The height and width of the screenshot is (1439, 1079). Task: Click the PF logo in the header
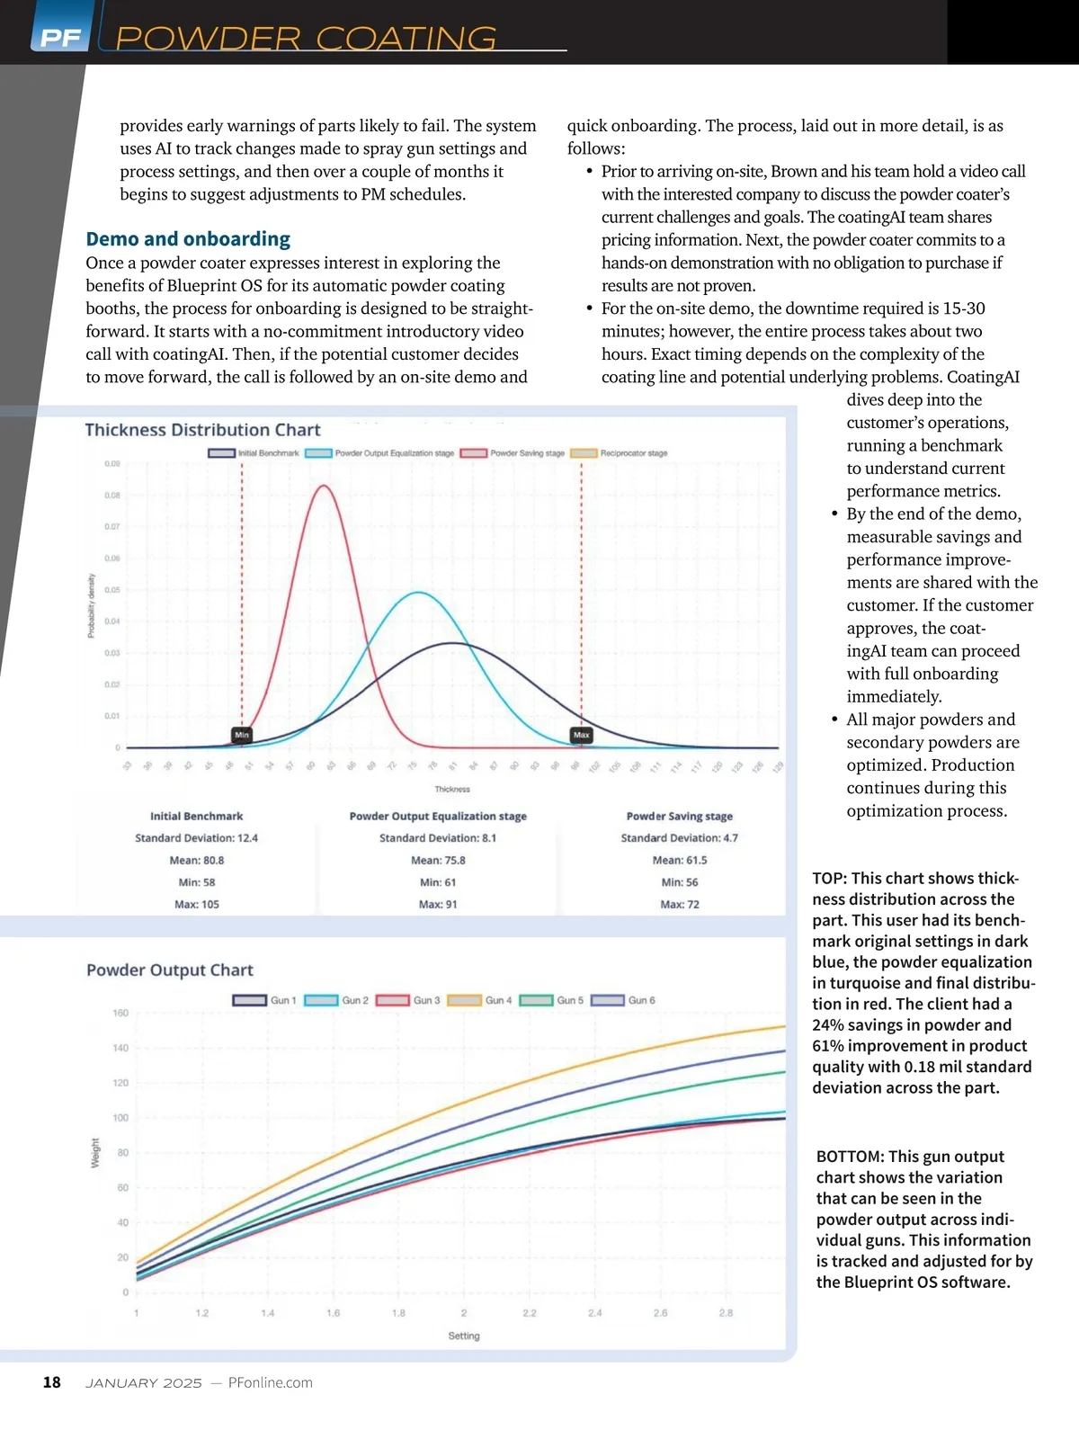60,37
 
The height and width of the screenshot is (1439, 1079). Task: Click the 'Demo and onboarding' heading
188,239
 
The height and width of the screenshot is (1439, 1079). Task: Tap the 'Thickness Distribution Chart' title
202,430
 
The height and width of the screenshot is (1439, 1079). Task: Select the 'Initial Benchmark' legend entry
254,453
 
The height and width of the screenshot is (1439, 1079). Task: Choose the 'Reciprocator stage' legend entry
620,453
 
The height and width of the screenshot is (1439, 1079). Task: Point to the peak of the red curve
323,487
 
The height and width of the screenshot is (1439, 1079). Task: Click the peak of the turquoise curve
418,593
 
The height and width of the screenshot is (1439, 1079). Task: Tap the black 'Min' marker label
242,735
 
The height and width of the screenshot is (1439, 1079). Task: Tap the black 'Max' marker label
582,735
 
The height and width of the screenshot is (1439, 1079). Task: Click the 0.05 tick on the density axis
111,590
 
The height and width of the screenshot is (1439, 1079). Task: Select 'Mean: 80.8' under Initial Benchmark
197,861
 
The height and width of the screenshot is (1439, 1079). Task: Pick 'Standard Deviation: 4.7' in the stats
679,838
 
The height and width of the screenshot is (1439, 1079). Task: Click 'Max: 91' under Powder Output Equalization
438,905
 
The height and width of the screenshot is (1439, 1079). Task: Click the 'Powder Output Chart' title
170,970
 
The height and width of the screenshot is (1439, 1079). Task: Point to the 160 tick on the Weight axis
120,1014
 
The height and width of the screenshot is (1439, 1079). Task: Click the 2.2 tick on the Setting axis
530,1313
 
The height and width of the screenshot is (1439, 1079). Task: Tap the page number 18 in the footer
52,1382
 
